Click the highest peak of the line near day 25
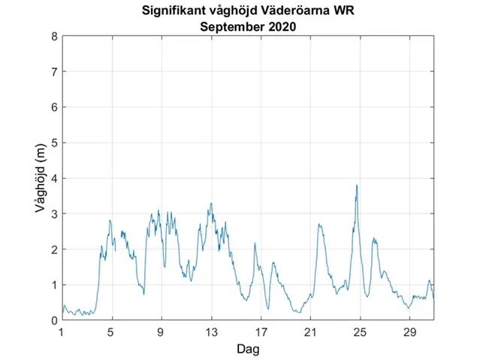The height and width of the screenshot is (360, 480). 357,185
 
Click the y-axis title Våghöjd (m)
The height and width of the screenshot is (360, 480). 42,177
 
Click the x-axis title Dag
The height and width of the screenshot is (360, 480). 248,349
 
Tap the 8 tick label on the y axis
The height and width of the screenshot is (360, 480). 54,36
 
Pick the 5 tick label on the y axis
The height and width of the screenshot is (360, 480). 54,143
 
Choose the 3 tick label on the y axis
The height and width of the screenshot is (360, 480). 54,213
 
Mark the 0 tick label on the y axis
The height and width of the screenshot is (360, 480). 54,320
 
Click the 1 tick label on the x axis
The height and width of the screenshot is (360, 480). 62,332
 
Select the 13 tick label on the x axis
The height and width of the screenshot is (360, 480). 211,332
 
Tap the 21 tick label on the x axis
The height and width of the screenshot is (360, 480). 310,332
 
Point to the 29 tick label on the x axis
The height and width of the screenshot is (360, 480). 409,332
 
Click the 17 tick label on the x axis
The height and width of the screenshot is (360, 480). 261,332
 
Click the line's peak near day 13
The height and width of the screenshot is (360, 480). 211,203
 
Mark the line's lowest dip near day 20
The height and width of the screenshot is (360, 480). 298,312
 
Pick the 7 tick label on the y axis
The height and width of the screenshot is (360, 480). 54,71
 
